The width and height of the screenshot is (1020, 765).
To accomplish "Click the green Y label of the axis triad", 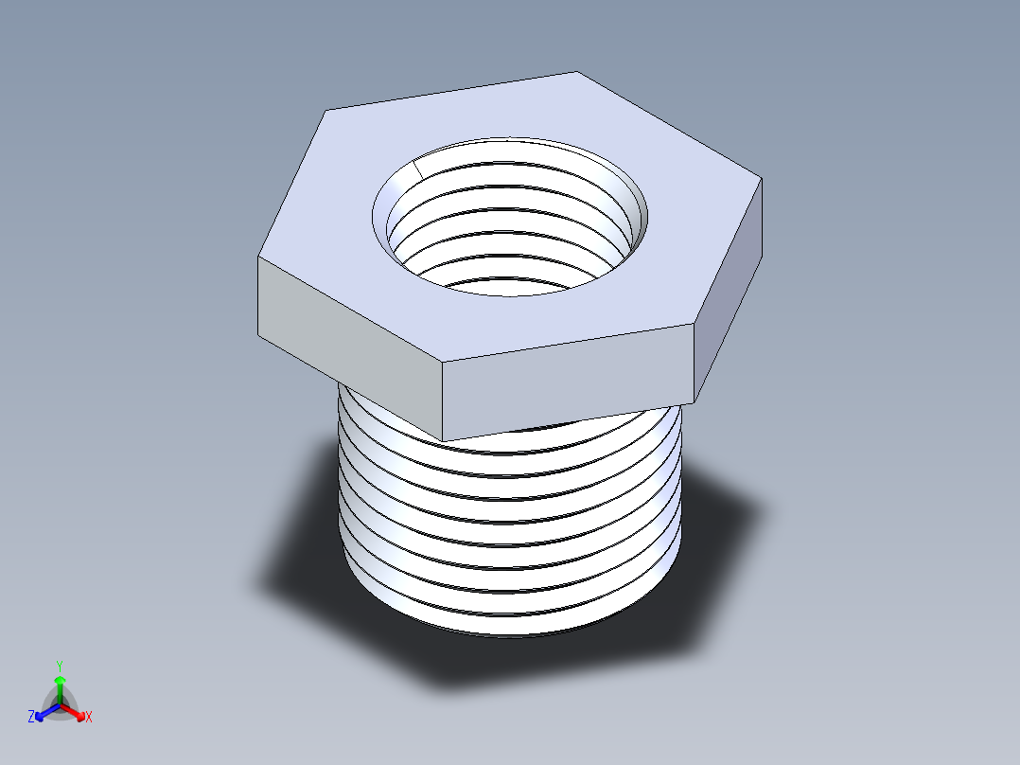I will (x=59, y=666).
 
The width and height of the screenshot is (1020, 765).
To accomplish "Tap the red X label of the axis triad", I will (x=89, y=717).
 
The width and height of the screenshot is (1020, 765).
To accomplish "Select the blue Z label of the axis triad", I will (x=31, y=717).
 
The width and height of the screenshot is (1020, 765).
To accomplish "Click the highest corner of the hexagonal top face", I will (x=576, y=72).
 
